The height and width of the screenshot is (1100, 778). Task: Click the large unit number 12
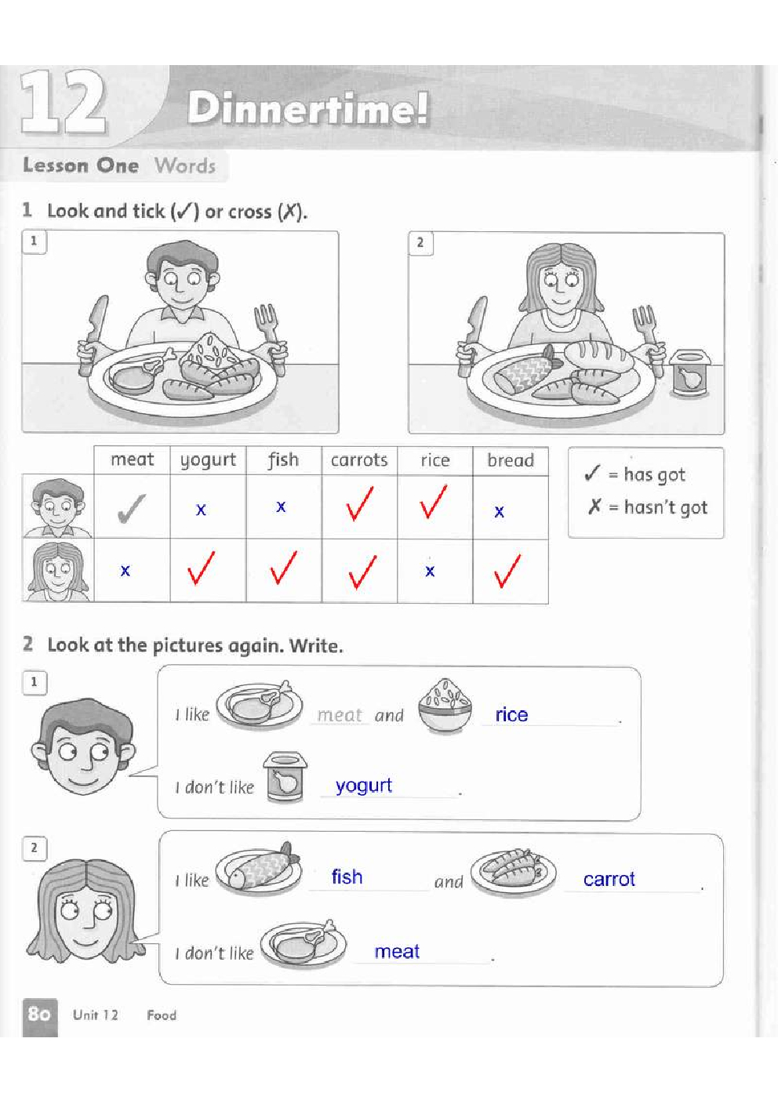(x=63, y=102)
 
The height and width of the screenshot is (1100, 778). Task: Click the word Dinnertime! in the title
(x=308, y=108)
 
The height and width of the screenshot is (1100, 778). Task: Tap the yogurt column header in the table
(x=208, y=460)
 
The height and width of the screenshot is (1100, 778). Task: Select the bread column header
(x=511, y=460)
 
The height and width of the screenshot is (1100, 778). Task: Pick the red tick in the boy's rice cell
(x=433, y=502)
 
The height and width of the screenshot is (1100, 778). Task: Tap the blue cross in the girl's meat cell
(x=125, y=571)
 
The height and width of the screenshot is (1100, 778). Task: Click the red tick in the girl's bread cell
(x=507, y=571)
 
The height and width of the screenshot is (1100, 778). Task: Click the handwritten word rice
(x=511, y=714)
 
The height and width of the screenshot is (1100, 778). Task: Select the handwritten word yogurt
(x=363, y=786)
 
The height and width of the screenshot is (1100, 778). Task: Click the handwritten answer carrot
(x=609, y=879)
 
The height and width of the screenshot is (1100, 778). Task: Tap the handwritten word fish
(x=347, y=877)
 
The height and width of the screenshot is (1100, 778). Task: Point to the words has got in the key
(x=654, y=475)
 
